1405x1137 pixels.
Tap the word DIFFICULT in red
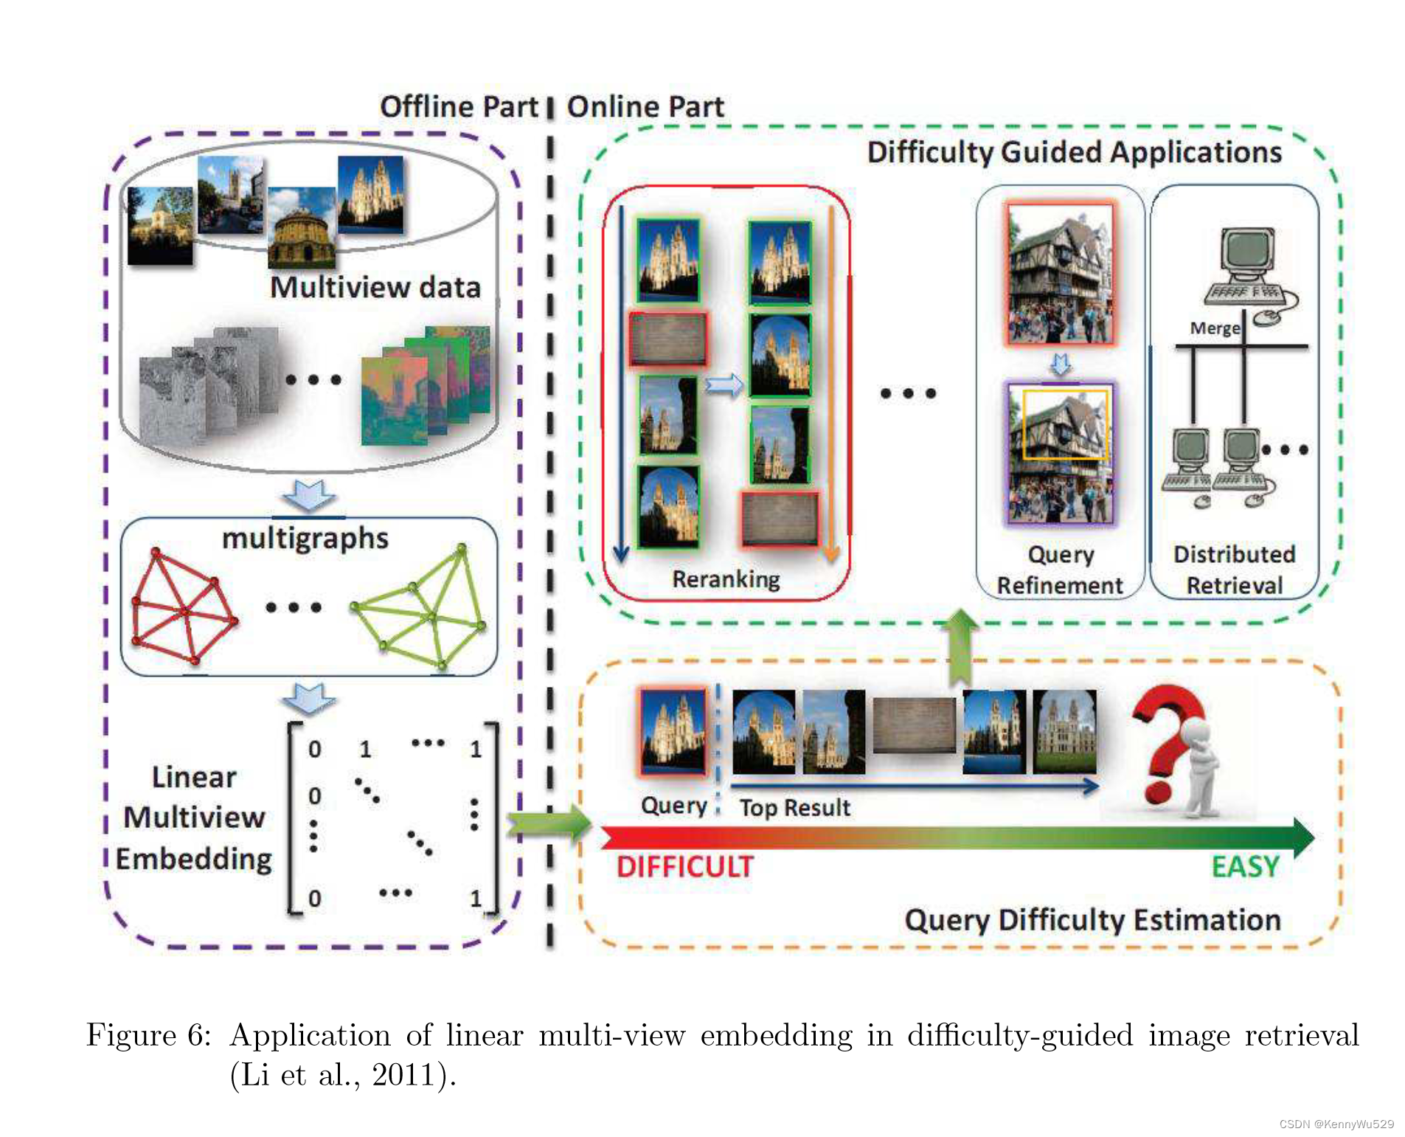pos(684,866)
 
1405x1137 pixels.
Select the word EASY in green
pos(1245,866)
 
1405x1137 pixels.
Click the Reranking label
pos(726,579)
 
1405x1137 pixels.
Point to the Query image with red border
pos(672,731)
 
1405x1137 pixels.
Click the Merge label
pos(1214,328)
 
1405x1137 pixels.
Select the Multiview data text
pos(375,287)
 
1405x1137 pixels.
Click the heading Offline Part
pos(458,106)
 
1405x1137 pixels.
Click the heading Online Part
pos(645,106)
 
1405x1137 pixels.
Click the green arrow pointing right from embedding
pos(549,820)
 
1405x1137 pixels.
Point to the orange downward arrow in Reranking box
pos(831,384)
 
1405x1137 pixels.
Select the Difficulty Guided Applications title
pos(1074,152)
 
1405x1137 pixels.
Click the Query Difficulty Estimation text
pos(1092,920)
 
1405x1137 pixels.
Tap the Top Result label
pos(795,807)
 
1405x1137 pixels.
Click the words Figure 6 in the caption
pos(148,1034)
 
